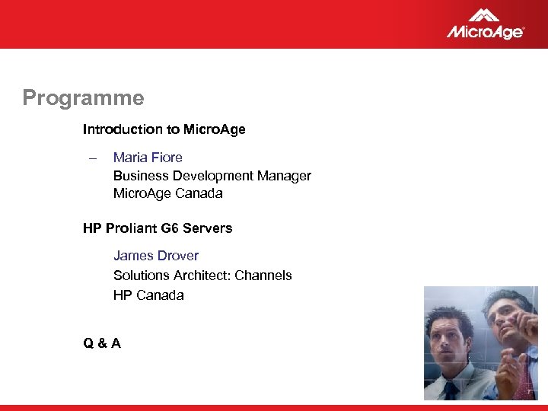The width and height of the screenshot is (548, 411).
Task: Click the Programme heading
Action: [83, 98]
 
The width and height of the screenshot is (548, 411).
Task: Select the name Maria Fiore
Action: [148, 158]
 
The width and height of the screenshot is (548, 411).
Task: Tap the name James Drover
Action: [156, 256]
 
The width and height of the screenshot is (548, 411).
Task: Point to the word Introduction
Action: [116, 129]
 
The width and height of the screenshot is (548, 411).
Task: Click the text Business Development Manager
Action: [212, 176]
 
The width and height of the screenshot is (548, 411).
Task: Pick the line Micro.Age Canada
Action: [167, 193]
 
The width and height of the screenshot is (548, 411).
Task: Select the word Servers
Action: [207, 228]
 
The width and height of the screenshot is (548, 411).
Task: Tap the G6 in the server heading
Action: [170, 228]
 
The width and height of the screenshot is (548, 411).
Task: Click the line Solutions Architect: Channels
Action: [202, 276]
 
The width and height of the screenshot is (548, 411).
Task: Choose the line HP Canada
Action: [148, 295]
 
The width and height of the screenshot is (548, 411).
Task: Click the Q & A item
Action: [102, 343]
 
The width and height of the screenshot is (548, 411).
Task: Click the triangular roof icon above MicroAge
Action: [484, 14]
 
